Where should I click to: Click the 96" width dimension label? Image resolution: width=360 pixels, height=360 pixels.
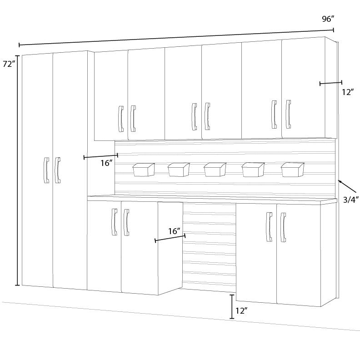(x=328, y=19)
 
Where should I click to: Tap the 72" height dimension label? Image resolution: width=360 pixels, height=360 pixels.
(x=9, y=64)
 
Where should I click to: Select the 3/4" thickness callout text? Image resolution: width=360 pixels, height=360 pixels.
(x=351, y=200)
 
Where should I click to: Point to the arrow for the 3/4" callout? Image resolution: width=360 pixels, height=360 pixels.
(x=347, y=186)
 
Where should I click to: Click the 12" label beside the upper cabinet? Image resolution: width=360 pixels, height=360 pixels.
(x=348, y=92)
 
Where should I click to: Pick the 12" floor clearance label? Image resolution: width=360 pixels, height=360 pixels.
(x=242, y=311)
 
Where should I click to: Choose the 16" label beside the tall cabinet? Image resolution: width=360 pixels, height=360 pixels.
(x=106, y=163)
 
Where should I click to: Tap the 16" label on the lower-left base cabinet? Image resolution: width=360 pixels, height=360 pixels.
(x=174, y=231)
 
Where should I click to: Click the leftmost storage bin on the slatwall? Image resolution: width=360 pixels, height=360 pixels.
(x=144, y=170)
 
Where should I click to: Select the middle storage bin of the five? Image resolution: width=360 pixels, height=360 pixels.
(x=215, y=170)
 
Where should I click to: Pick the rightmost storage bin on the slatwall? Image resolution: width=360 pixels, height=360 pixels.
(x=293, y=170)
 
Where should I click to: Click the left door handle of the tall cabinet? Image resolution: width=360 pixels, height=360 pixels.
(x=46, y=170)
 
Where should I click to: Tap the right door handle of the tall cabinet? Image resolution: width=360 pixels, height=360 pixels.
(x=58, y=170)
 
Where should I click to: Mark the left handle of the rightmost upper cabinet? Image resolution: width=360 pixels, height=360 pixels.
(x=274, y=115)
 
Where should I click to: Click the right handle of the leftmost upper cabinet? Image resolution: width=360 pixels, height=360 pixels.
(x=133, y=119)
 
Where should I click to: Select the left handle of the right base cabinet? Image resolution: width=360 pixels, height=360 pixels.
(x=269, y=227)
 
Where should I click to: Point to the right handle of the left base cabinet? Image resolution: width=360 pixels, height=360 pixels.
(x=126, y=222)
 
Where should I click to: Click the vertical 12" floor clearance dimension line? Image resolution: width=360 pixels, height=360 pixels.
(x=232, y=306)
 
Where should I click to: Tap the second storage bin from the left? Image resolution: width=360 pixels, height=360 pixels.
(x=179, y=170)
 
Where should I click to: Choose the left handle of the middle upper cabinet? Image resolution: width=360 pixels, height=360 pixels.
(x=194, y=117)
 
